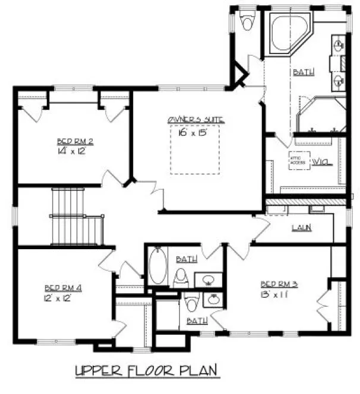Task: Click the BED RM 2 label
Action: pyautogui.click(x=75, y=141)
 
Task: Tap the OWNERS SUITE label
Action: pyautogui.click(x=196, y=120)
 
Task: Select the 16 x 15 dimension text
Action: pyautogui.click(x=192, y=132)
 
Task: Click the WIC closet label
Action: pyautogui.click(x=321, y=161)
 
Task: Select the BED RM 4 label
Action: pyautogui.click(x=63, y=288)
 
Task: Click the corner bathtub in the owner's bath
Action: pyautogui.click(x=287, y=35)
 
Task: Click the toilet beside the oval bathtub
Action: pyautogui.click(x=181, y=277)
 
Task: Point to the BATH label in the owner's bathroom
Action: pyautogui.click(x=303, y=72)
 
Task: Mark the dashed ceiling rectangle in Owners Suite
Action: pyautogui.click(x=195, y=150)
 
